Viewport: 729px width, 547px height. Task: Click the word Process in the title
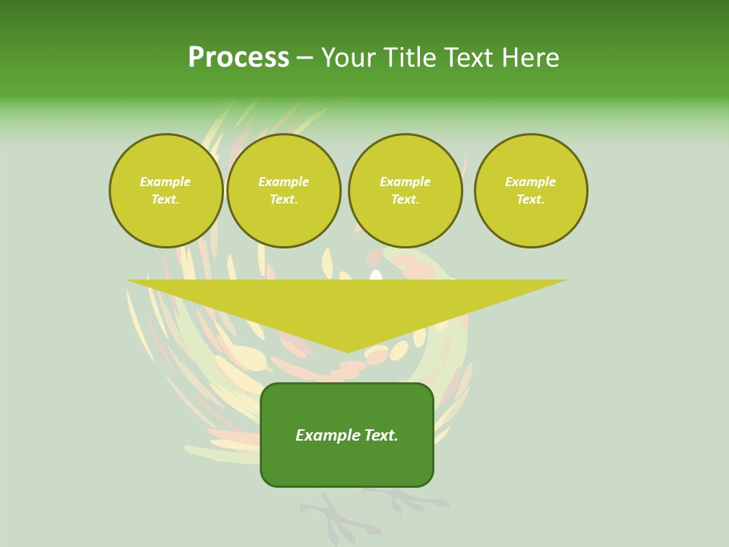pos(238,58)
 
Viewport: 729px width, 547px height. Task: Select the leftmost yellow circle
pos(166,191)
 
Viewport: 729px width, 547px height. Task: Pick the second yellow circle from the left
pos(284,191)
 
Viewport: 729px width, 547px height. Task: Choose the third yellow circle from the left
pos(406,191)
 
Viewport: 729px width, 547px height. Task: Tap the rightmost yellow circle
pos(531,191)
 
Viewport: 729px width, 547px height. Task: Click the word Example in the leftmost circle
pos(166,182)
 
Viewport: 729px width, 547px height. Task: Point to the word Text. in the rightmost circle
pos(531,199)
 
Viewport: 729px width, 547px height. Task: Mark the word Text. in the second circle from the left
pos(284,199)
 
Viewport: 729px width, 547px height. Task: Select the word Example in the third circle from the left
pos(406,182)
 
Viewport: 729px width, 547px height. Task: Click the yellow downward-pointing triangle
pos(347,304)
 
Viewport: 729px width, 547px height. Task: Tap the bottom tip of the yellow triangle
pos(348,350)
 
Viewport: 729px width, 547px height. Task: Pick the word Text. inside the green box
pos(381,435)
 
